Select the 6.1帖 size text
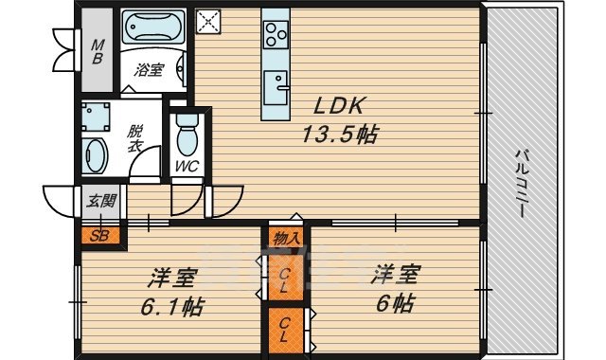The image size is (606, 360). (x=171, y=307)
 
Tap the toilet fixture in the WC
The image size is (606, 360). (x=187, y=135)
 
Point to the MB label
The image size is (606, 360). (x=97, y=50)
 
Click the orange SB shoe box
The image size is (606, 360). (x=99, y=236)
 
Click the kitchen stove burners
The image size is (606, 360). (x=275, y=35)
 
